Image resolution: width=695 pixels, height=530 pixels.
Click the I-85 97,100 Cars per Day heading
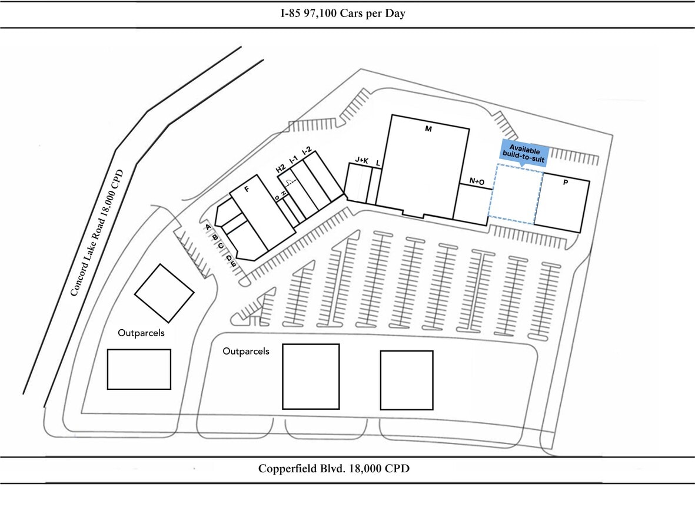point(343,14)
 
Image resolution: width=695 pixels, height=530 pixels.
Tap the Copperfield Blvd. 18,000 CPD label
point(334,468)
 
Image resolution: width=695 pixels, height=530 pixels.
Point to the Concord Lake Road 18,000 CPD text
point(97,233)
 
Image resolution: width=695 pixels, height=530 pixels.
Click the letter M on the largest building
point(428,129)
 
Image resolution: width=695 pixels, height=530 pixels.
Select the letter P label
point(565,183)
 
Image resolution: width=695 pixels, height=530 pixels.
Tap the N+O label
point(477,181)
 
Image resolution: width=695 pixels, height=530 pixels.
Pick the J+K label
point(362,160)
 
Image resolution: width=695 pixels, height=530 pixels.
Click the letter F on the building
point(247,190)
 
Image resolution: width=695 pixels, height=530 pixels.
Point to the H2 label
point(281,169)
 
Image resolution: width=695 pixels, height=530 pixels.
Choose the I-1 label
point(293,160)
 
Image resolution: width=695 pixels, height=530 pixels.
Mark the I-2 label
point(306,151)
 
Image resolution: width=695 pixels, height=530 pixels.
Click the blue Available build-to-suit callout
point(524,153)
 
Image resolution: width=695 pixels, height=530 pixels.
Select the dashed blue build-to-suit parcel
point(516,193)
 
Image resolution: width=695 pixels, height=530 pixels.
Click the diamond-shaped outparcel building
point(164,293)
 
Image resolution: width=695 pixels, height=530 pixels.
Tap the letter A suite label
point(208,227)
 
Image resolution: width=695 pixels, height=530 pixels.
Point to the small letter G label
point(277,197)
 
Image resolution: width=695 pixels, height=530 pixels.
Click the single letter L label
point(378,164)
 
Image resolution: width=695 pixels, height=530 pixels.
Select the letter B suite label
point(215,237)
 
